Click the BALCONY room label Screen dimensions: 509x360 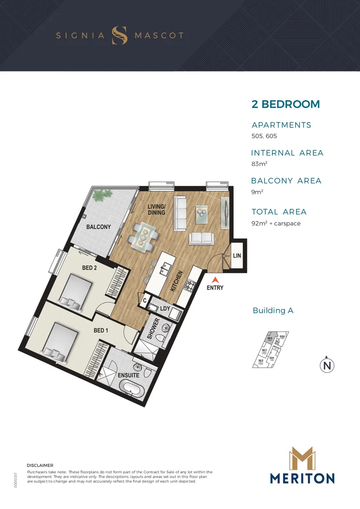coord(98,227)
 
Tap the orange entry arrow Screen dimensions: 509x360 coord(215,279)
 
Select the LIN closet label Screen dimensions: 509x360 coord(237,255)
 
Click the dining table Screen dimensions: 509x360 coord(143,236)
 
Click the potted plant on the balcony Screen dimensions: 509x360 coord(102,194)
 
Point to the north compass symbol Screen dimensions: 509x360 coord(327,365)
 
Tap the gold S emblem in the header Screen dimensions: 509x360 coord(119,35)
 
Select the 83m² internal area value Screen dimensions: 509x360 coord(259,164)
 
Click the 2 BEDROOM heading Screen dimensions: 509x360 coord(286,104)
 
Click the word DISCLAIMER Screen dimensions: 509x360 coord(40,465)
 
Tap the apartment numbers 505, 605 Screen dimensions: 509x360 coord(264,136)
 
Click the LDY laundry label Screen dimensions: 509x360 coord(165,309)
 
